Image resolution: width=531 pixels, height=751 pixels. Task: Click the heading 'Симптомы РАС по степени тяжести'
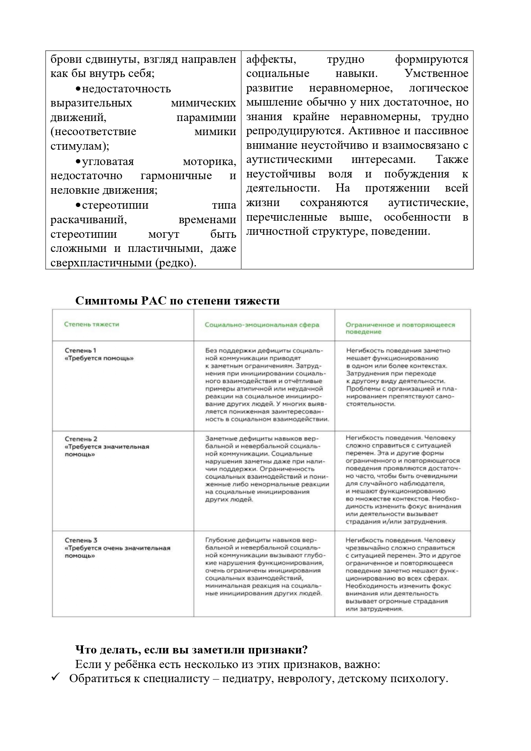point(177,301)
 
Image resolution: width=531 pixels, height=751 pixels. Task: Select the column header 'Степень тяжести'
point(91,324)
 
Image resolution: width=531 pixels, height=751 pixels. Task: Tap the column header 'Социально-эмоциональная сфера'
point(262,325)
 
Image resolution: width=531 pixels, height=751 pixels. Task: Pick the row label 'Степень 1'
point(80,350)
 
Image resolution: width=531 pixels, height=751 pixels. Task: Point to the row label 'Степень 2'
point(81,439)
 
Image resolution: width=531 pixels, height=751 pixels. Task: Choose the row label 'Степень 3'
point(81,540)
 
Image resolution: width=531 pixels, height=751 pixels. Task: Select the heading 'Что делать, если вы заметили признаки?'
point(191,650)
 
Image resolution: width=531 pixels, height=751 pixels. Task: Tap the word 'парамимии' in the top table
point(206,117)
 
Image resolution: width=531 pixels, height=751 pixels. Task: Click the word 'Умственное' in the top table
point(436,74)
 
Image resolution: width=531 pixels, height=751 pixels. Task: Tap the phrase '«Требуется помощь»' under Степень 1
point(99,358)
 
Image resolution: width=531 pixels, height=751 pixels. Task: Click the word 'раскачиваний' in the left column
point(88,220)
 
